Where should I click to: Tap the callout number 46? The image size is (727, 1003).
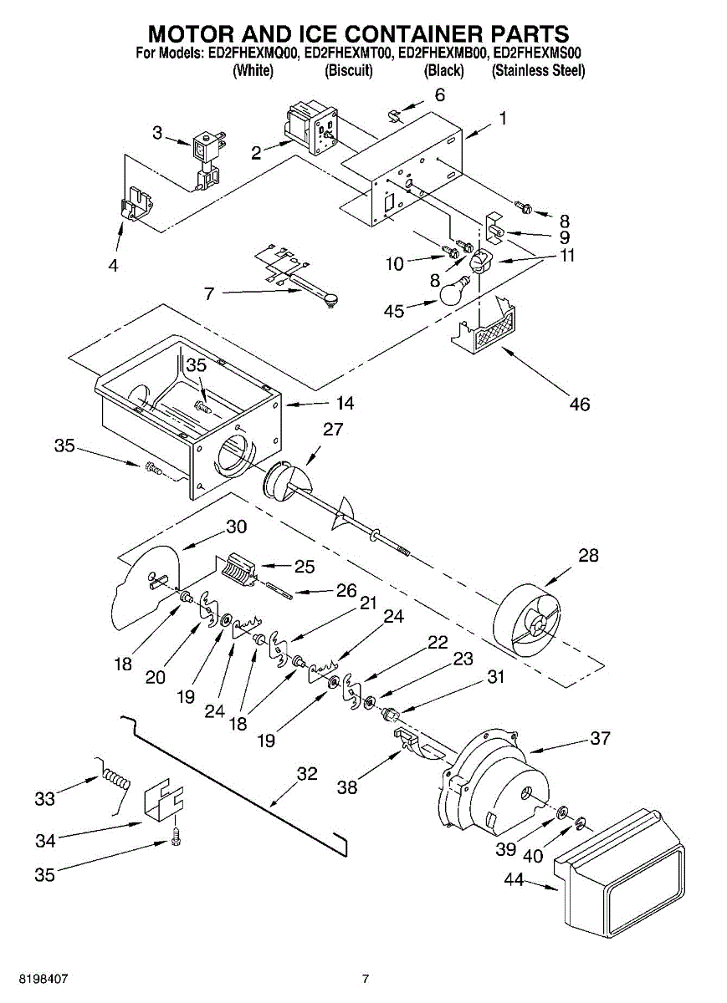(x=579, y=404)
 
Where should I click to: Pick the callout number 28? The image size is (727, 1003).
(x=589, y=555)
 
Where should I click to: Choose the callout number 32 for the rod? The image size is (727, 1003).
(x=307, y=774)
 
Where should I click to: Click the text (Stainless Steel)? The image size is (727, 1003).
(x=538, y=71)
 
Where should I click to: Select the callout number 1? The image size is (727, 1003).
(x=502, y=119)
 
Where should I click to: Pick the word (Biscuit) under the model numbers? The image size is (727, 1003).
(x=348, y=71)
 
